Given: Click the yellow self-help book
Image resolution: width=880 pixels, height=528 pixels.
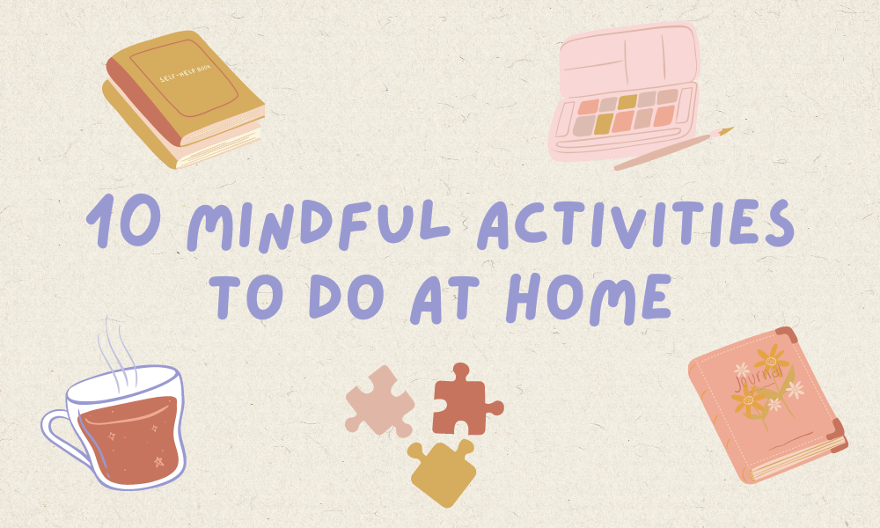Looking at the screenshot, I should click(x=185, y=101).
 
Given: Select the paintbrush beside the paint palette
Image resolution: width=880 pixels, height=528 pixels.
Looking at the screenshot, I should click(x=673, y=150).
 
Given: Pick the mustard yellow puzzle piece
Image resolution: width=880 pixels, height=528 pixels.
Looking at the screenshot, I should click(x=442, y=471).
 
